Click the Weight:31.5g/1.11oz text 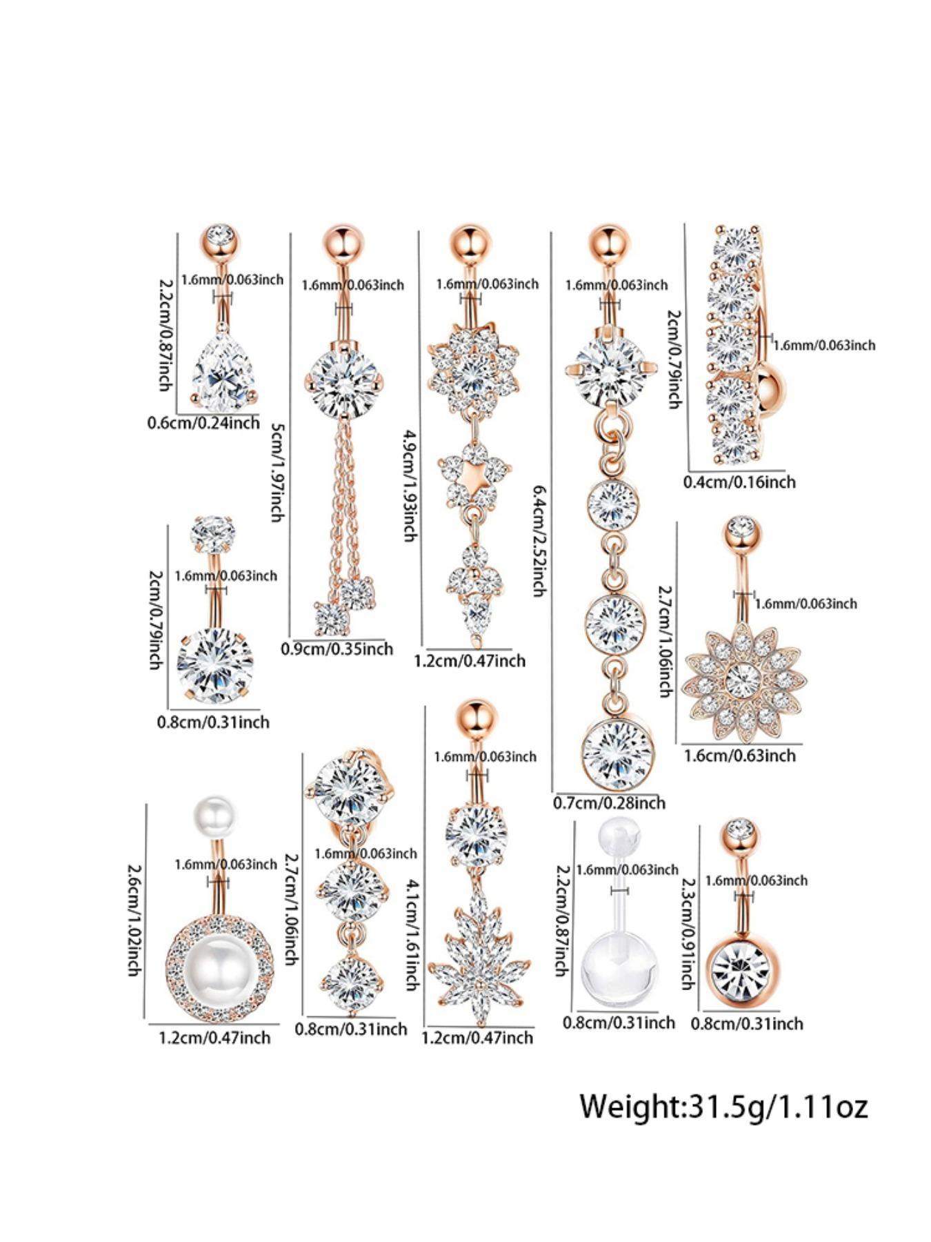click(723, 1105)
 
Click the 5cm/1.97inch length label click(277, 472)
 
